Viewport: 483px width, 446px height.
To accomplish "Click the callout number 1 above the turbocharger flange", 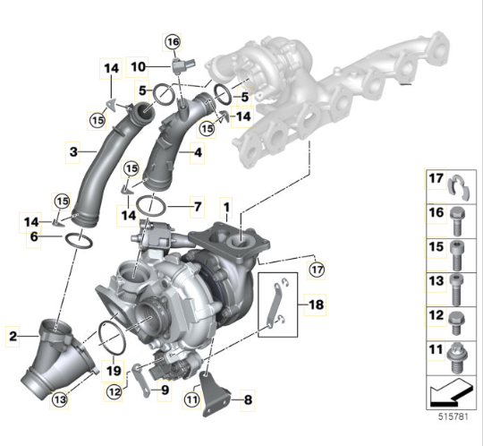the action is click(226, 207).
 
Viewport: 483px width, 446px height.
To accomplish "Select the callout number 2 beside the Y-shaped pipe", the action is click(13, 336).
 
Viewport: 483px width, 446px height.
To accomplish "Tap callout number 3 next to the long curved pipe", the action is click(73, 151).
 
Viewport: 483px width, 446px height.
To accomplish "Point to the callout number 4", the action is click(198, 152).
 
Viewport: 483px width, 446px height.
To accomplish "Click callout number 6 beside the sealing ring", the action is click(34, 236).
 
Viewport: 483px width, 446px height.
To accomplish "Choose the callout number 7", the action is click(198, 206).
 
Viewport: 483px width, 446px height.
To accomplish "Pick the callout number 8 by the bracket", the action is click(248, 400).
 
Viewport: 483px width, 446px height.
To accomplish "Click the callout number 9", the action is click(165, 390).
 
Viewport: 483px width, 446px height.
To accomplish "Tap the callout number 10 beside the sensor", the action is click(138, 66).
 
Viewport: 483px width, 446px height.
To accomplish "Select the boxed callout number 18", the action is click(316, 304).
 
